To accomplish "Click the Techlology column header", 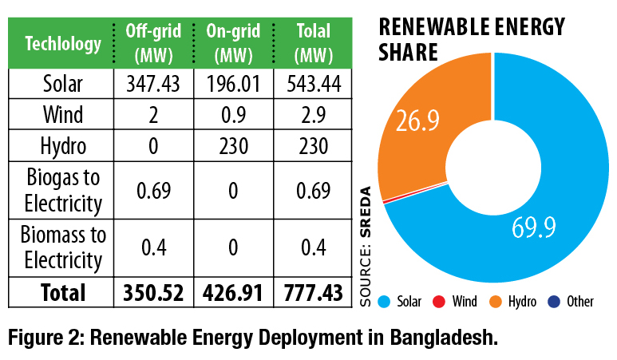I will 63,45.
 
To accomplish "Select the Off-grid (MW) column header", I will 153,43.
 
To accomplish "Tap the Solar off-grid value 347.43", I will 153,83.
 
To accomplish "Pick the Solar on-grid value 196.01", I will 232,83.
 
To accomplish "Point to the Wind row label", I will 63,115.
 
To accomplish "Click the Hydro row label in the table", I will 63,147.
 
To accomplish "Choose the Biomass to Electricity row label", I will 63,248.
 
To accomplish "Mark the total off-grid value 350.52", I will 153,292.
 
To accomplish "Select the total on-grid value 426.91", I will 232,292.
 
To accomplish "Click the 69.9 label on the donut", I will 533,231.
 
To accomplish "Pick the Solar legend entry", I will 403,302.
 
